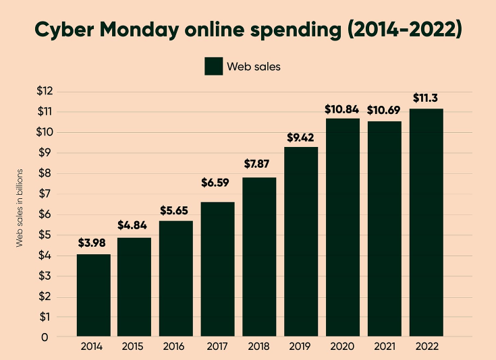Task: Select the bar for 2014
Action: click(93, 295)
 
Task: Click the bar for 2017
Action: click(218, 269)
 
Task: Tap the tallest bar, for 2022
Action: click(426, 222)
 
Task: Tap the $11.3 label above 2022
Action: click(426, 98)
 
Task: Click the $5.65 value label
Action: click(176, 210)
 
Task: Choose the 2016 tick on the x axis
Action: click(176, 347)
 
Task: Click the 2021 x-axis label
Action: click(385, 347)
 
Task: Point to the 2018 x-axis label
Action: click(260, 347)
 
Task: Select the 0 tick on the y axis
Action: click(45, 337)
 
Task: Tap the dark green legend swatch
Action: click(213, 66)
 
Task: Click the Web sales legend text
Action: click(253, 66)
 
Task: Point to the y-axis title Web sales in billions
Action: click(20, 207)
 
